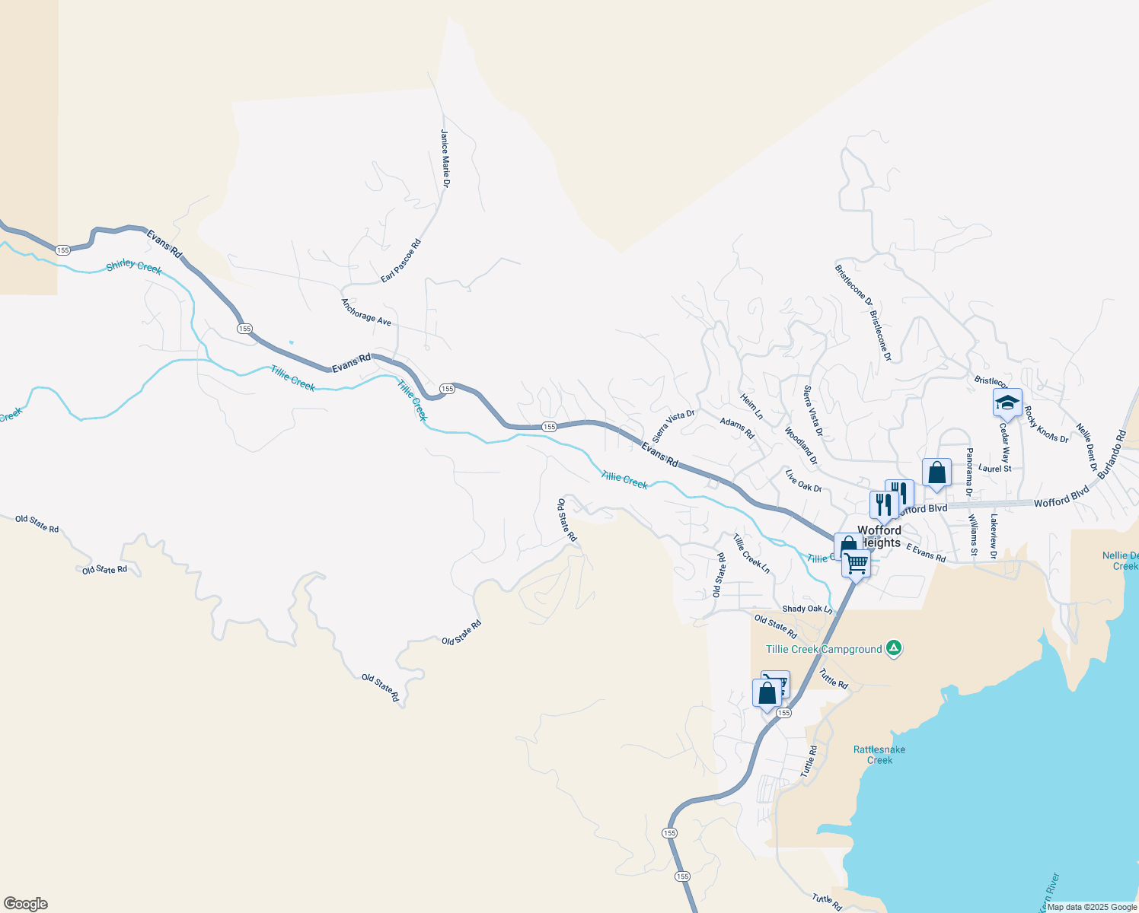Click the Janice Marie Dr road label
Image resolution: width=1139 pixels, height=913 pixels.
click(x=445, y=158)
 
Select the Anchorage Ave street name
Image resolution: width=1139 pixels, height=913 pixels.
click(x=366, y=312)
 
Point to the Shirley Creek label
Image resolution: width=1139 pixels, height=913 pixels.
click(x=134, y=266)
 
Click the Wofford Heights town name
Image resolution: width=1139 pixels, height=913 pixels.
click(x=879, y=536)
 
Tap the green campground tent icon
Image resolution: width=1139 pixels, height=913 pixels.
click(x=895, y=649)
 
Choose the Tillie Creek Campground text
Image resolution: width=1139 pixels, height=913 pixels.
click(x=824, y=649)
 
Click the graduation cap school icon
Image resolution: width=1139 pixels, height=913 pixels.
click(x=1007, y=402)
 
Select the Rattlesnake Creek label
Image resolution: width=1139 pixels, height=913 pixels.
click(x=879, y=755)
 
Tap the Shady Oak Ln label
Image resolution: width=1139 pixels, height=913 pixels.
click(x=807, y=609)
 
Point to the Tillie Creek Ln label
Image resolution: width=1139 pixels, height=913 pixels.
click(x=751, y=554)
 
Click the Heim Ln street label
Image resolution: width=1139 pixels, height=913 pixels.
click(x=751, y=406)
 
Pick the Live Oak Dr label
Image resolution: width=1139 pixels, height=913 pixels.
click(x=803, y=481)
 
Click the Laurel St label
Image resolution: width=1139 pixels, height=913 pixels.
click(x=995, y=469)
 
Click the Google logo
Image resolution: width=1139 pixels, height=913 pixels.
click(x=26, y=904)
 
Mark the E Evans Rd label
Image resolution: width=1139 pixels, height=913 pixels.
click(x=926, y=552)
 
